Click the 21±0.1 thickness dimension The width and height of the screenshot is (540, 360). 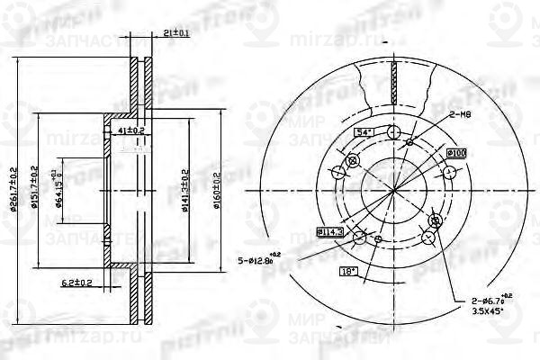point(176,34)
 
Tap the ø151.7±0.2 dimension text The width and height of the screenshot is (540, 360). point(33,188)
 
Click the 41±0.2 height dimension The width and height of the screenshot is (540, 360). point(132,130)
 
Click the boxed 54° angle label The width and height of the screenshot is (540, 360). point(364,132)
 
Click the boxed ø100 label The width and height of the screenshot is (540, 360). point(456,154)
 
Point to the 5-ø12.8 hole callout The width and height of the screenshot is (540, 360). point(258,262)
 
